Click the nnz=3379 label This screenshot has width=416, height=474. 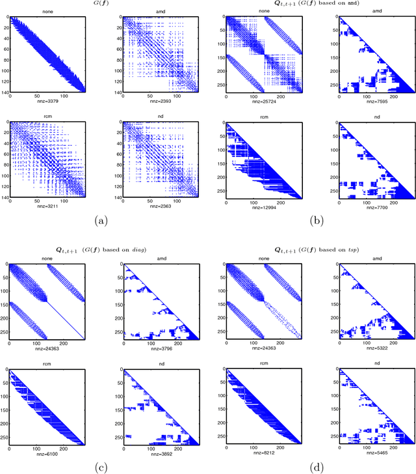click(49, 101)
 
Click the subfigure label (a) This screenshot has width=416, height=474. click(101, 221)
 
